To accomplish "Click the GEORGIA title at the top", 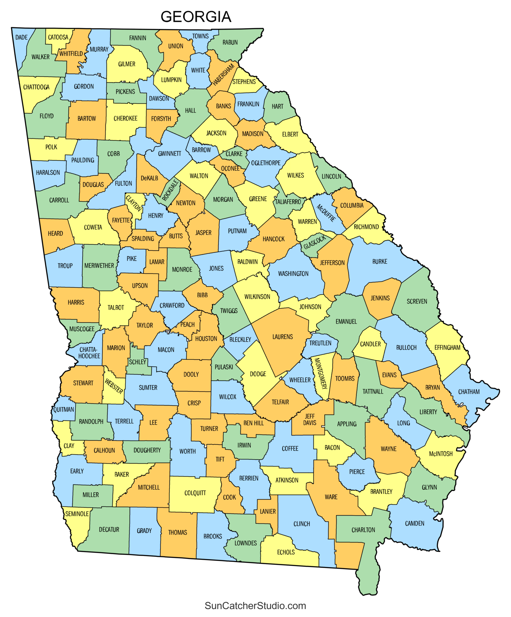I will tap(196, 17).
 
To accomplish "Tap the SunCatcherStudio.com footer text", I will tap(255, 605).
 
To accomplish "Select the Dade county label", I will tap(21, 37).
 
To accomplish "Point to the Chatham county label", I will tap(469, 392).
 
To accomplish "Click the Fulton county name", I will tap(124, 184).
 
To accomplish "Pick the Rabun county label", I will tap(230, 42).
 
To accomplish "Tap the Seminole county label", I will tap(77, 514).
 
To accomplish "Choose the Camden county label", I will tap(415, 523).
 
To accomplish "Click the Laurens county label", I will tap(283, 337).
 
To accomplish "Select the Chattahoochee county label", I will tap(89, 353).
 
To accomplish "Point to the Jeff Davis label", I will tap(310, 420).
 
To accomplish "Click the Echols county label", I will tap(286, 552).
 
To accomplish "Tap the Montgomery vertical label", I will tap(321, 373).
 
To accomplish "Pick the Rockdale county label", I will tap(171, 190).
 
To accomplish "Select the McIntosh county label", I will tap(441, 454).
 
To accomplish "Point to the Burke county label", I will tap(380, 262).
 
